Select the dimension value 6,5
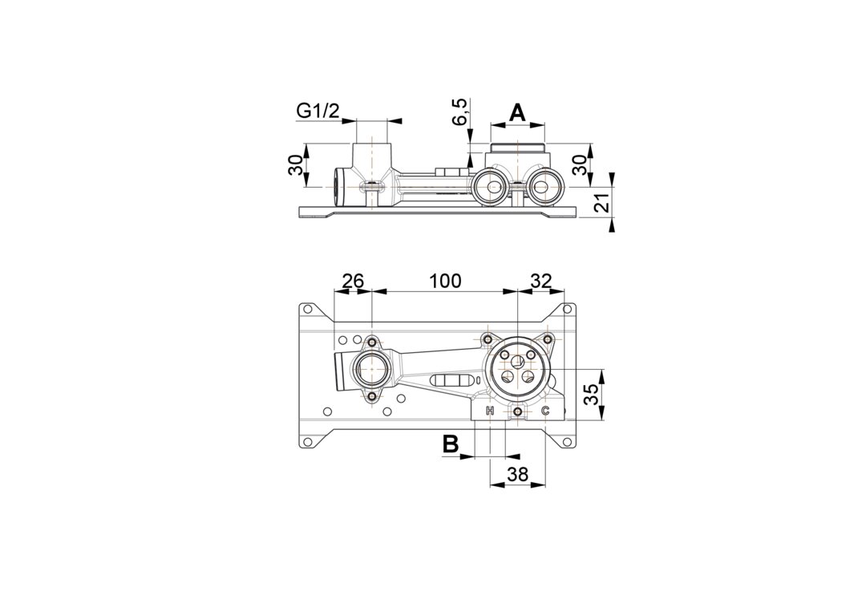(x=462, y=111)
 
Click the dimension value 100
(x=444, y=281)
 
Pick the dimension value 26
(x=353, y=281)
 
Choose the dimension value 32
(x=540, y=281)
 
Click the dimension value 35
(x=591, y=395)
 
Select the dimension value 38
(x=517, y=474)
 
